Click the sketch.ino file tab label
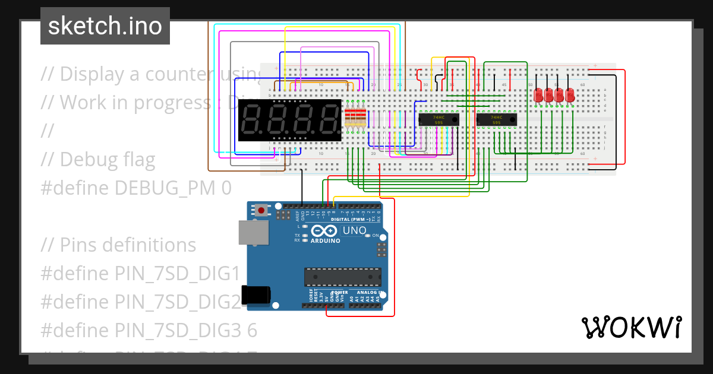click(x=105, y=26)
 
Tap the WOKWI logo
click(x=631, y=327)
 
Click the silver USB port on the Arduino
click(x=253, y=232)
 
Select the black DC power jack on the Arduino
click(x=256, y=296)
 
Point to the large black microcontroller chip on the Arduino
click(x=343, y=277)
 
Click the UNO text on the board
click(x=354, y=230)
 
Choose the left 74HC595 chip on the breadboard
click(x=439, y=119)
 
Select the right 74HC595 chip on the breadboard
click(x=497, y=119)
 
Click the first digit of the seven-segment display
click(x=252, y=119)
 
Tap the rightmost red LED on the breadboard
click(x=570, y=94)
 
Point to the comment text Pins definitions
click(x=128, y=245)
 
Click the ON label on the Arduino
click(x=376, y=236)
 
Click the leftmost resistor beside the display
click(x=348, y=118)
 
